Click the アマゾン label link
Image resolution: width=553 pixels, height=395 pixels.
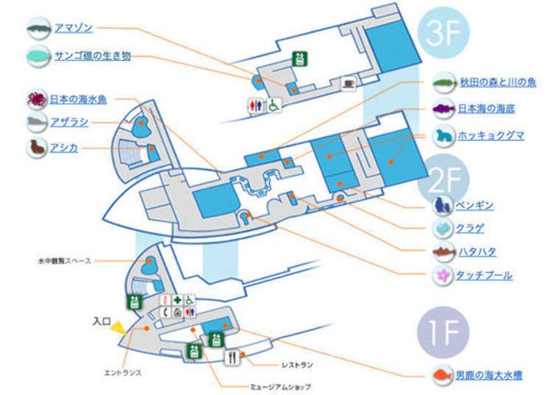tap(73, 28)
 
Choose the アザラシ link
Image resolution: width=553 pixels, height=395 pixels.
tap(69, 123)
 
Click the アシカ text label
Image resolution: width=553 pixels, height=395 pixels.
tap(64, 148)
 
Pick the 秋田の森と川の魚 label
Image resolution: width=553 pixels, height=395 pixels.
tap(497, 82)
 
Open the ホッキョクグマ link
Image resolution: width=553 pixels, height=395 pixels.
tap(490, 135)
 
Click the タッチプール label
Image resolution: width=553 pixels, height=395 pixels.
tap(484, 276)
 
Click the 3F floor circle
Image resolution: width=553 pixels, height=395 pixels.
tap(443, 35)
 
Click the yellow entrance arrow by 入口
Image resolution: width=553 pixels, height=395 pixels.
tap(118, 327)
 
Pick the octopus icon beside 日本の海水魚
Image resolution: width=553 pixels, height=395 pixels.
tap(35, 99)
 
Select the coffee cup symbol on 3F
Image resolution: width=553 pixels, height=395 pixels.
tap(348, 82)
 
